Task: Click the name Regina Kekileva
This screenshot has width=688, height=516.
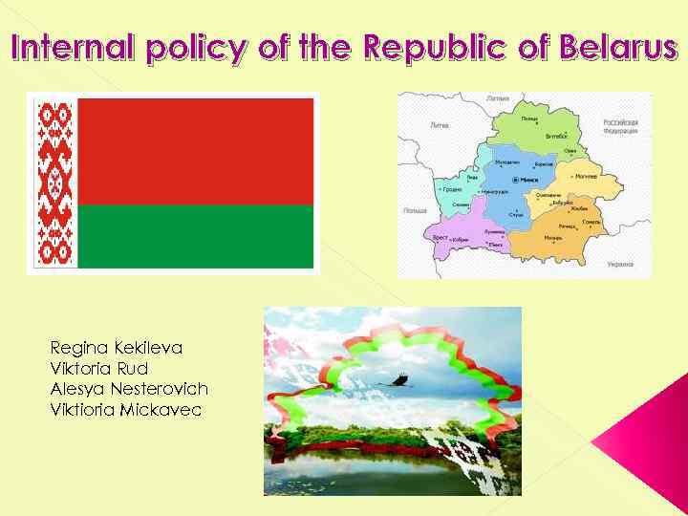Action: tap(116, 348)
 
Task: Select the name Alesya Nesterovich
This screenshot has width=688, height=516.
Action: tap(128, 389)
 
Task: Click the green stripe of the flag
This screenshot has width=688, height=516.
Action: tap(195, 236)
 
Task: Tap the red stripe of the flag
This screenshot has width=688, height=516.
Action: tap(195, 151)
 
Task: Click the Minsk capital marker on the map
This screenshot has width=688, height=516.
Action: tap(516, 180)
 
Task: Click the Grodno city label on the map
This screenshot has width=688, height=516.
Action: tap(454, 189)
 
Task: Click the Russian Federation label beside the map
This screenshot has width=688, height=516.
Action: tap(621, 126)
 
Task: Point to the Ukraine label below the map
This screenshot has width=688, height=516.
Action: tap(620, 263)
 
